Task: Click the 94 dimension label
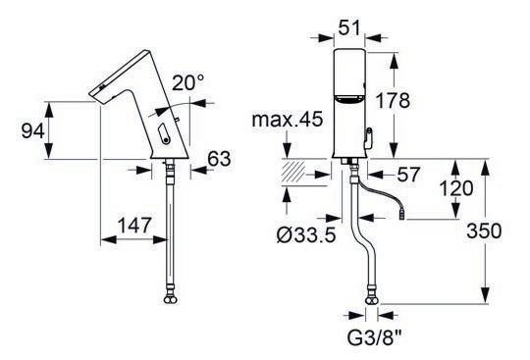click(x=32, y=130)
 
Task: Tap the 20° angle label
click(x=187, y=82)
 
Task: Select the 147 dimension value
click(x=134, y=226)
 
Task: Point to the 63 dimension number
click(x=220, y=158)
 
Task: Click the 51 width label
click(x=349, y=27)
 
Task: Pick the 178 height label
click(x=393, y=100)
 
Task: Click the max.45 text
click(x=288, y=120)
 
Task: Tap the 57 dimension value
click(x=408, y=175)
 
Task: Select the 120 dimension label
click(x=456, y=188)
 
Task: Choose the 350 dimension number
click(x=484, y=231)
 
